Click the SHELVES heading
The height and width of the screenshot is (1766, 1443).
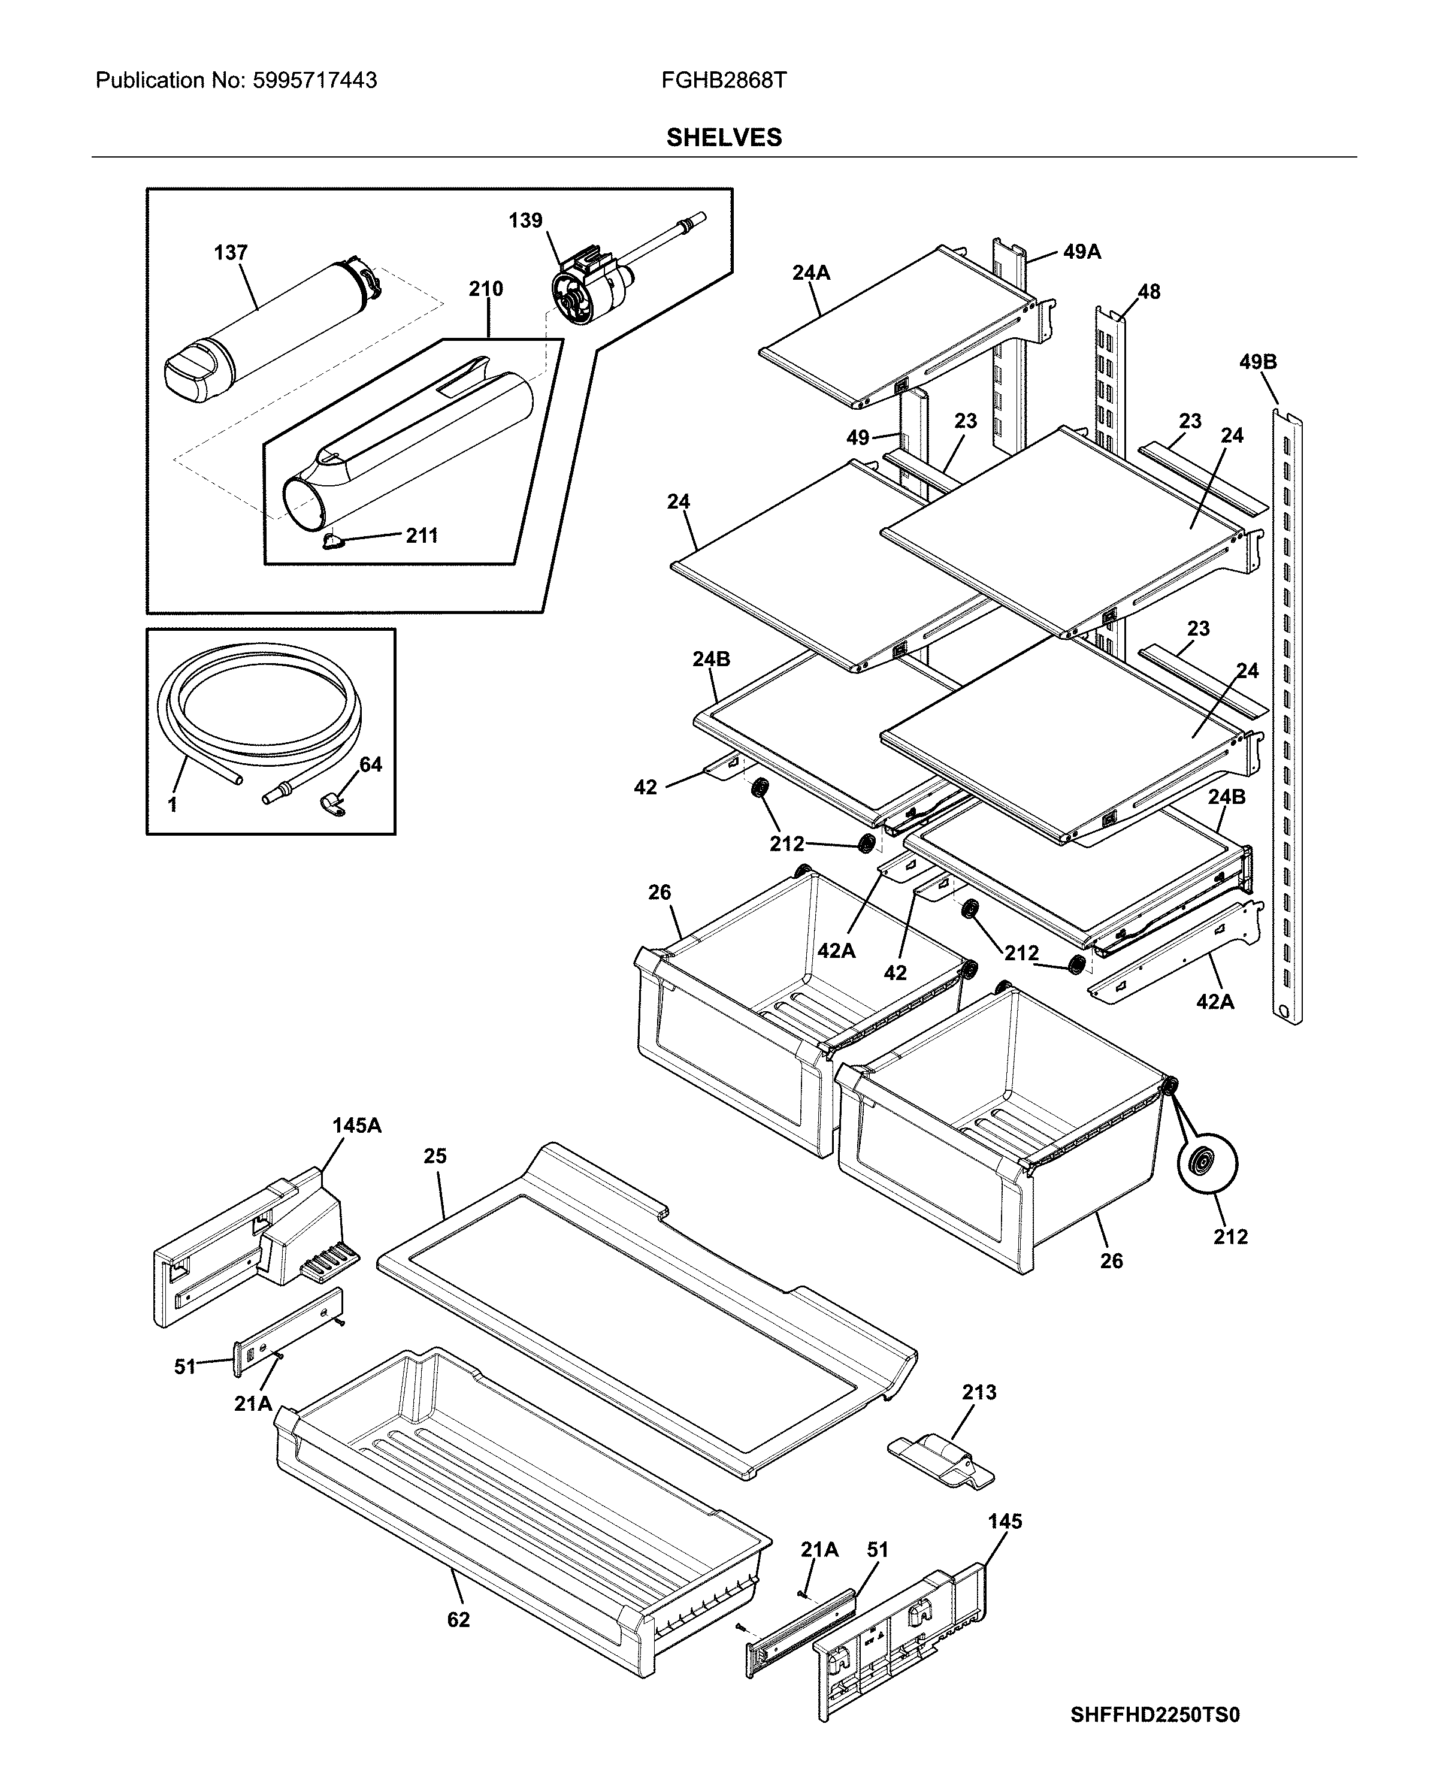click(x=723, y=137)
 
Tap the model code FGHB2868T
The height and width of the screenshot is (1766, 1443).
click(x=723, y=81)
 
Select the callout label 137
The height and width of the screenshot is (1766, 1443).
click(x=230, y=253)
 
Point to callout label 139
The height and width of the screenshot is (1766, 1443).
click(x=525, y=220)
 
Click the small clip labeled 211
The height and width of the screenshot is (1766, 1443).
click(x=332, y=542)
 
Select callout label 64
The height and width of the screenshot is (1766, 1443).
click(x=370, y=764)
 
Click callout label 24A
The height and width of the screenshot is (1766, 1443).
click(x=810, y=273)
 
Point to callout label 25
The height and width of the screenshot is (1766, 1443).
click(x=435, y=1156)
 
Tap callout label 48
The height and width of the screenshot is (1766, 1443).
click(x=1149, y=292)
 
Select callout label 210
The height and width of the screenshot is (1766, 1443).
click(x=485, y=289)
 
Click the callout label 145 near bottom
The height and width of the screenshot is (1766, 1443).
click(x=1005, y=1521)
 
